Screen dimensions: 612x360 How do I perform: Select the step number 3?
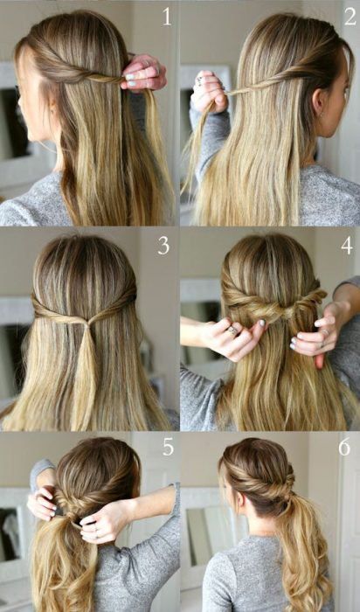click(x=163, y=246)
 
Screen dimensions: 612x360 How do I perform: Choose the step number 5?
click(x=167, y=448)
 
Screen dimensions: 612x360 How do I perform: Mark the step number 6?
click(x=343, y=448)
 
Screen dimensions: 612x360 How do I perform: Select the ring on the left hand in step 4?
click(x=233, y=330)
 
